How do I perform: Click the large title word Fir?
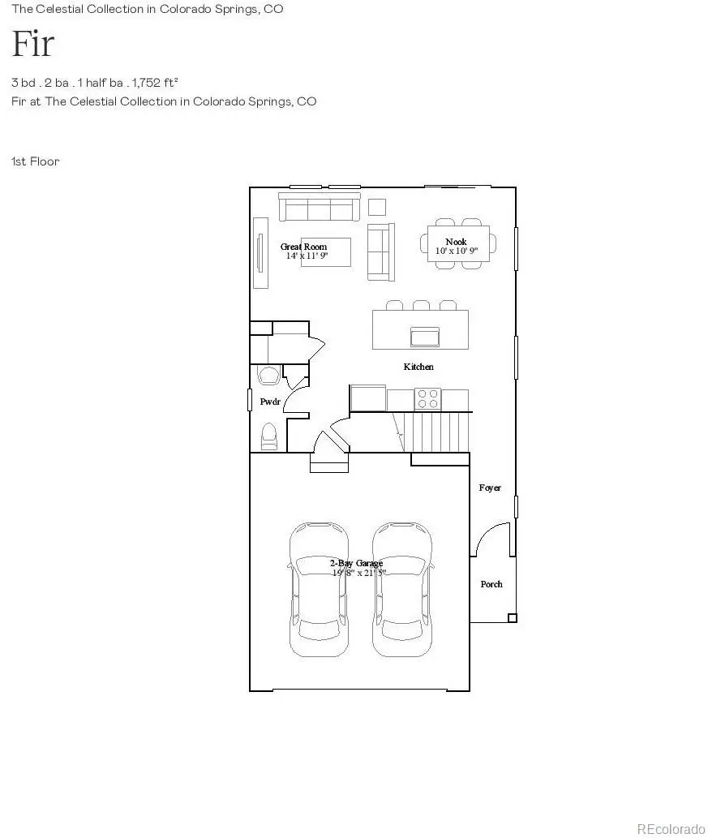[32, 44]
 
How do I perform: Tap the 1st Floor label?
[35, 161]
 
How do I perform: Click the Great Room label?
[304, 247]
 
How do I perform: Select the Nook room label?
[456, 242]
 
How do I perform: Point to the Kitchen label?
[418, 367]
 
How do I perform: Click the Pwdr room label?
[269, 402]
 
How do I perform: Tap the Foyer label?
[490, 488]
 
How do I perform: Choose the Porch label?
[491, 584]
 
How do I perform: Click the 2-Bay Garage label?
[356, 563]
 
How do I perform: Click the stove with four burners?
[428, 399]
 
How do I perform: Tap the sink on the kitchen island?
[426, 336]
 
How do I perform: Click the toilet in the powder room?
[269, 436]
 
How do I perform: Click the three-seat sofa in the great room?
[320, 207]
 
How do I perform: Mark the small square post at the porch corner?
[512, 618]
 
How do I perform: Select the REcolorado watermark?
[671, 828]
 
